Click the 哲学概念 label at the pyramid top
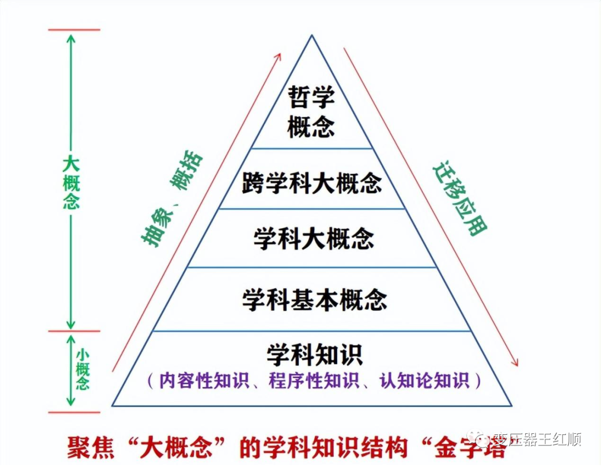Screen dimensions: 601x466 pos(311,111)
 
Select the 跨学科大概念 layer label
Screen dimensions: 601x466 pos(312,183)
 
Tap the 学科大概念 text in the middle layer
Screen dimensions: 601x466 pos(313,238)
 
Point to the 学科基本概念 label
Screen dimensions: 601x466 pos(314,300)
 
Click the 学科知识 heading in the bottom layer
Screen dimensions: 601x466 pos(314,355)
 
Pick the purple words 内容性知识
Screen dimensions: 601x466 pos(204,381)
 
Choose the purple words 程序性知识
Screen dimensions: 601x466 pos(314,381)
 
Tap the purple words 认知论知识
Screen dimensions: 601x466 pos(424,381)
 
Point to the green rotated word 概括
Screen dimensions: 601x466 pos(186,170)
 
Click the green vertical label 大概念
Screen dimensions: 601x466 pos(71,183)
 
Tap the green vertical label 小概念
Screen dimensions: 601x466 pos(82,369)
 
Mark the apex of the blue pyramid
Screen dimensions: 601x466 pos(312,35)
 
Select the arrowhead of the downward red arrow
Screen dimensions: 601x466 pos(515,362)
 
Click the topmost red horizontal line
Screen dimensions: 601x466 pos(74,30)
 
